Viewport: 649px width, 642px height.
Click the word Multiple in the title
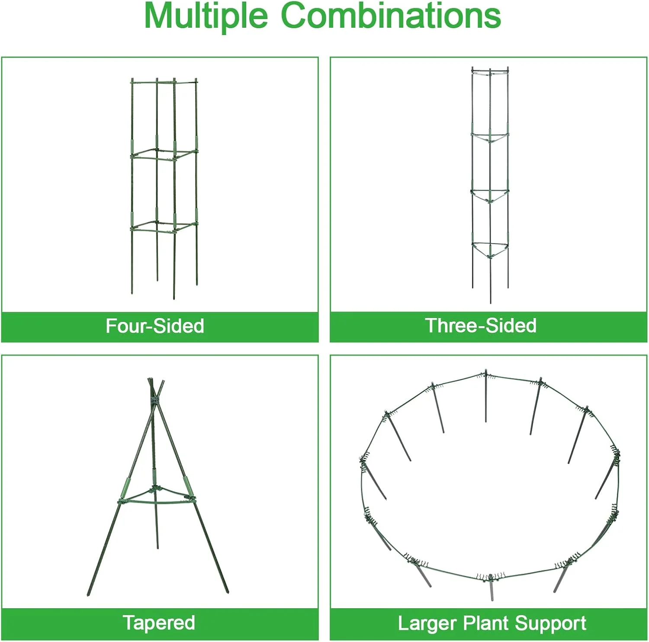click(x=206, y=16)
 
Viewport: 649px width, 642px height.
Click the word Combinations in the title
click(x=391, y=16)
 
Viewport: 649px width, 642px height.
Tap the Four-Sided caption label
click(x=155, y=326)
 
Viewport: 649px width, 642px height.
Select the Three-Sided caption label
click(x=481, y=325)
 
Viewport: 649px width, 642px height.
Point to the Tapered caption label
click(x=159, y=623)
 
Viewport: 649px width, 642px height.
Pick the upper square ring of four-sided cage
click(x=164, y=154)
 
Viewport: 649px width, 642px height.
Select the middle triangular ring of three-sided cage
click(x=490, y=196)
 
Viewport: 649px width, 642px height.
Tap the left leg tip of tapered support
click(x=89, y=594)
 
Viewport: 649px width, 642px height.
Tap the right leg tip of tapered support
click(x=227, y=591)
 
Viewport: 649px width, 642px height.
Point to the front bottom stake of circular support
click(x=491, y=588)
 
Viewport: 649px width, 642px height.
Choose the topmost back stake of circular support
click(x=486, y=395)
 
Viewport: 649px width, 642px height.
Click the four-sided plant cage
click(x=164, y=189)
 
